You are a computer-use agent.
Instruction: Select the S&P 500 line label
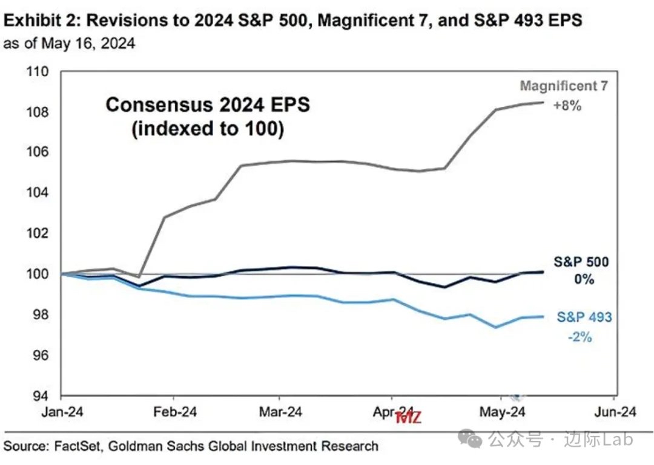[581, 262]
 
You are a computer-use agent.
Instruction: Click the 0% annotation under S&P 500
[584, 280]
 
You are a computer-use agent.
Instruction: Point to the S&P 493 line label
[584, 317]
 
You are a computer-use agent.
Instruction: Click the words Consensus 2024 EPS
[207, 105]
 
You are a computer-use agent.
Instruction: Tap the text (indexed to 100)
[207, 129]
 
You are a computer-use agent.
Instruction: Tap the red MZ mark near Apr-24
[408, 417]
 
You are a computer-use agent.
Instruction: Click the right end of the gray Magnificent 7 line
[543, 102]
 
